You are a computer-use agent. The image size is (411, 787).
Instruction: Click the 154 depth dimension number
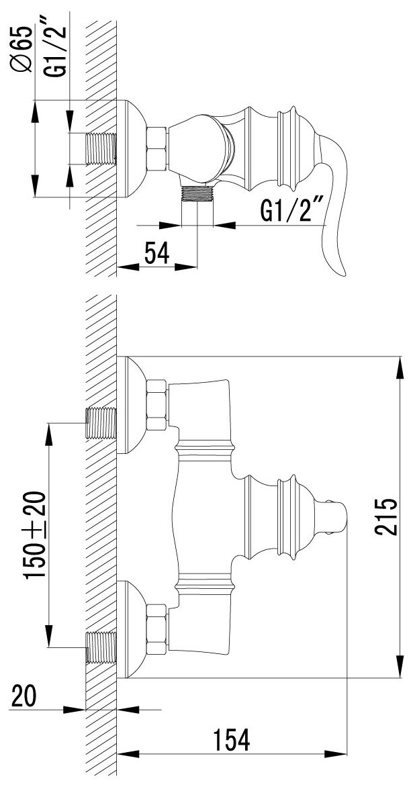pos(232,741)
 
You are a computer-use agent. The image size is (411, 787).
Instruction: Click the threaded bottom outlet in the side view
pos(197,193)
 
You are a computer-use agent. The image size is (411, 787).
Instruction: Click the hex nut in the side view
pos(156,149)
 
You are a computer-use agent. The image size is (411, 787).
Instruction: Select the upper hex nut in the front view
pos(156,405)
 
